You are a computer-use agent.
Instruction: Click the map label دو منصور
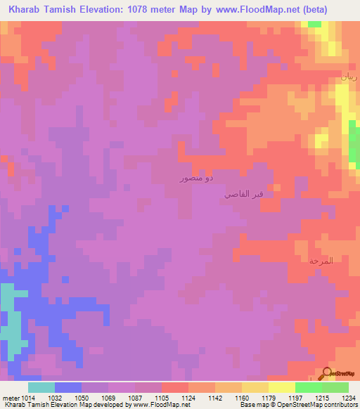click(193, 179)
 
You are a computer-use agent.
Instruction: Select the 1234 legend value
click(347, 398)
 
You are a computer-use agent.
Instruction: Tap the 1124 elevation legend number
click(187, 398)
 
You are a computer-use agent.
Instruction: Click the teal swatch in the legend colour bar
click(41, 387)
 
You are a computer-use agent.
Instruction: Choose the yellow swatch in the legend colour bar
click(281, 387)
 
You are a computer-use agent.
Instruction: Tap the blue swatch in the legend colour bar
click(68, 387)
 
